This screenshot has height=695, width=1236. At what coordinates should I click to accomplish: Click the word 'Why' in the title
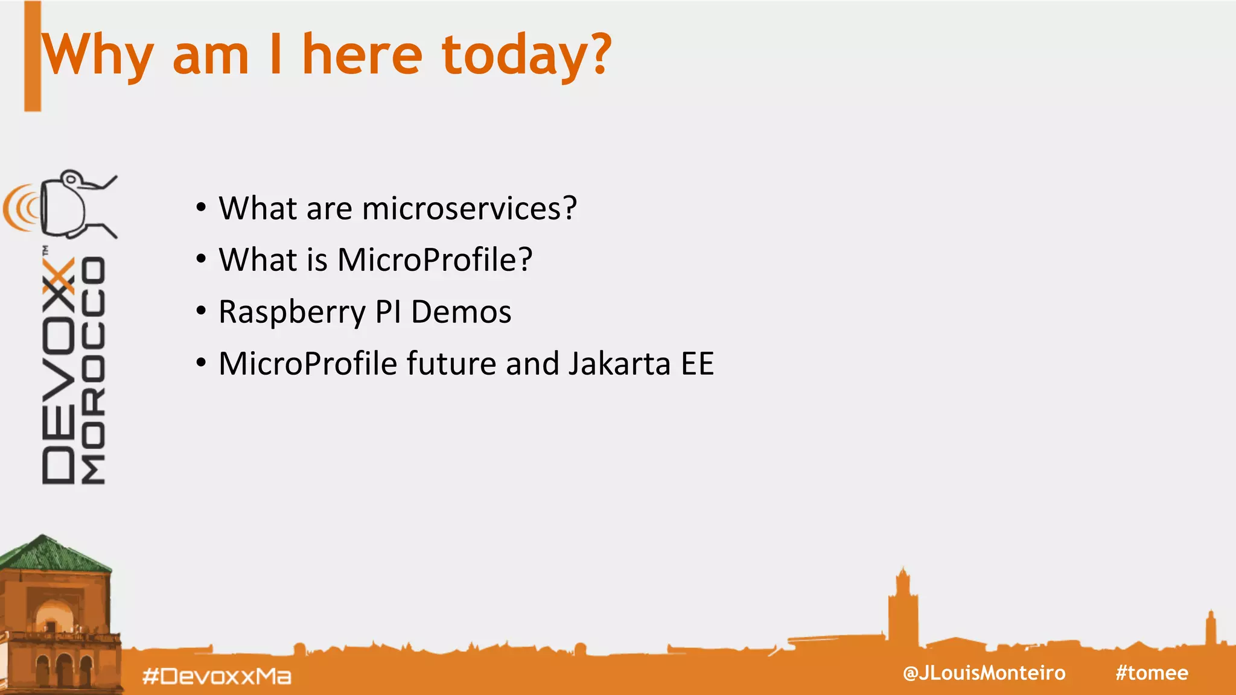pyautogui.click(x=97, y=56)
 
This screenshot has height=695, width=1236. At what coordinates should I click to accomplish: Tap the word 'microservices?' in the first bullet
pyautogui.click(x=470, y=209)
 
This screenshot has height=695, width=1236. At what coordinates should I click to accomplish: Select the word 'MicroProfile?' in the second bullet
pyautogui.click(x=435, y=260)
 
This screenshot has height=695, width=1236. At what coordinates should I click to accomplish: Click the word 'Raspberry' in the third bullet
pyautogui.click(x=291, y=313)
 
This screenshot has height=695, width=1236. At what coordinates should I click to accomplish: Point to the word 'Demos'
pyautogui.click(x=461, y=312)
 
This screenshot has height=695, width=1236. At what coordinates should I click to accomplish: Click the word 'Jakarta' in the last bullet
pyautogui.click(x=619, y=364)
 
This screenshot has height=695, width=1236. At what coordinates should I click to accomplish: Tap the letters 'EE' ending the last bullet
pyautogui.click(x=698, y=364)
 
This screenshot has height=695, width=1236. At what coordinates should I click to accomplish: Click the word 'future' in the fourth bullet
pyautogui.click(x=451, y=364)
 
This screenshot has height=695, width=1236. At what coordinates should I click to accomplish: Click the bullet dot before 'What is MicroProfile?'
pyautogui.click(x=201, y=259)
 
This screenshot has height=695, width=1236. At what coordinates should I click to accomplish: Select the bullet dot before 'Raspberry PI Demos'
pyautogui.click(x=201, y=311)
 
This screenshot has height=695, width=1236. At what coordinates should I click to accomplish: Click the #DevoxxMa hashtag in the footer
pyautogui.click(x=217, y=676)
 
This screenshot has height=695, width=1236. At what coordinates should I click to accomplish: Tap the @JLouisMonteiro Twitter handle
pyautogui.click(x=984, y=673)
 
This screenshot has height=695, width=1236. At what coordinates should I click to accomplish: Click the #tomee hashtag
pyautogui.click(x=1152, y=673)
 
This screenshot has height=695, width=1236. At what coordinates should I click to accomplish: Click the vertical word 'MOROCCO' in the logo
pyautogui.click(x=94, y=371)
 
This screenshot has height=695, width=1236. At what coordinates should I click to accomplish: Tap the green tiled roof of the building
pyautogui.click(x=54, y=554)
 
